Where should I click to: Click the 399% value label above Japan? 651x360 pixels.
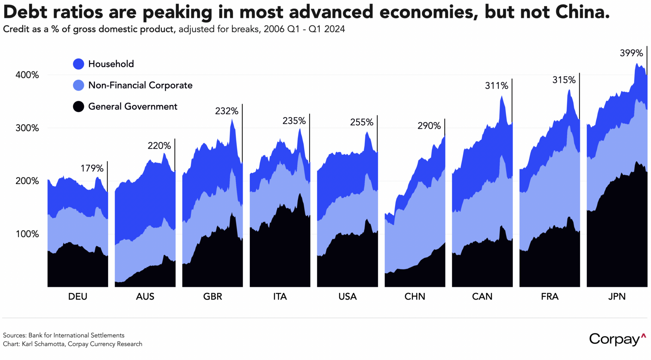(x=631, y=53)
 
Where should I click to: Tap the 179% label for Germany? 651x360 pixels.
(x=92, y=168)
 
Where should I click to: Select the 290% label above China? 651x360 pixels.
(x=429, y=126)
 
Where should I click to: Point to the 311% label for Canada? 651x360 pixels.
(x=496, y=86)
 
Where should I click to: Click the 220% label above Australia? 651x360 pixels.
(x=159, y=146)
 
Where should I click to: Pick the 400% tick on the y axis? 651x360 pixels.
(x=27, y=75)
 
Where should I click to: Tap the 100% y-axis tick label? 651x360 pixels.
(x=27, y=234)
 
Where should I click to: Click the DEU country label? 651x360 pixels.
(x=78, y=297)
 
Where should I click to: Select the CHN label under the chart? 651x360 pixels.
(x=415, y=297)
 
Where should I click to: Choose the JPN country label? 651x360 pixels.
(x=617, y=297)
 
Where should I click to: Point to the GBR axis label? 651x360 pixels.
(x=212, y=297)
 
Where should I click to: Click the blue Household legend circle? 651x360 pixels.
(x=78, y=64)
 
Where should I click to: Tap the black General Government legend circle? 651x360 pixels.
(x=78, y=107)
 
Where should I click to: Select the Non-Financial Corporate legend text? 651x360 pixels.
(x=140, y=85)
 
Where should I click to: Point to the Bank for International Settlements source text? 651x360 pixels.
(x=76, y=336)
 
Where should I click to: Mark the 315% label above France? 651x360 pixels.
(x=564, y=80)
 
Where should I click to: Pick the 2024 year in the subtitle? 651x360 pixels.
(x=334, y=29)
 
